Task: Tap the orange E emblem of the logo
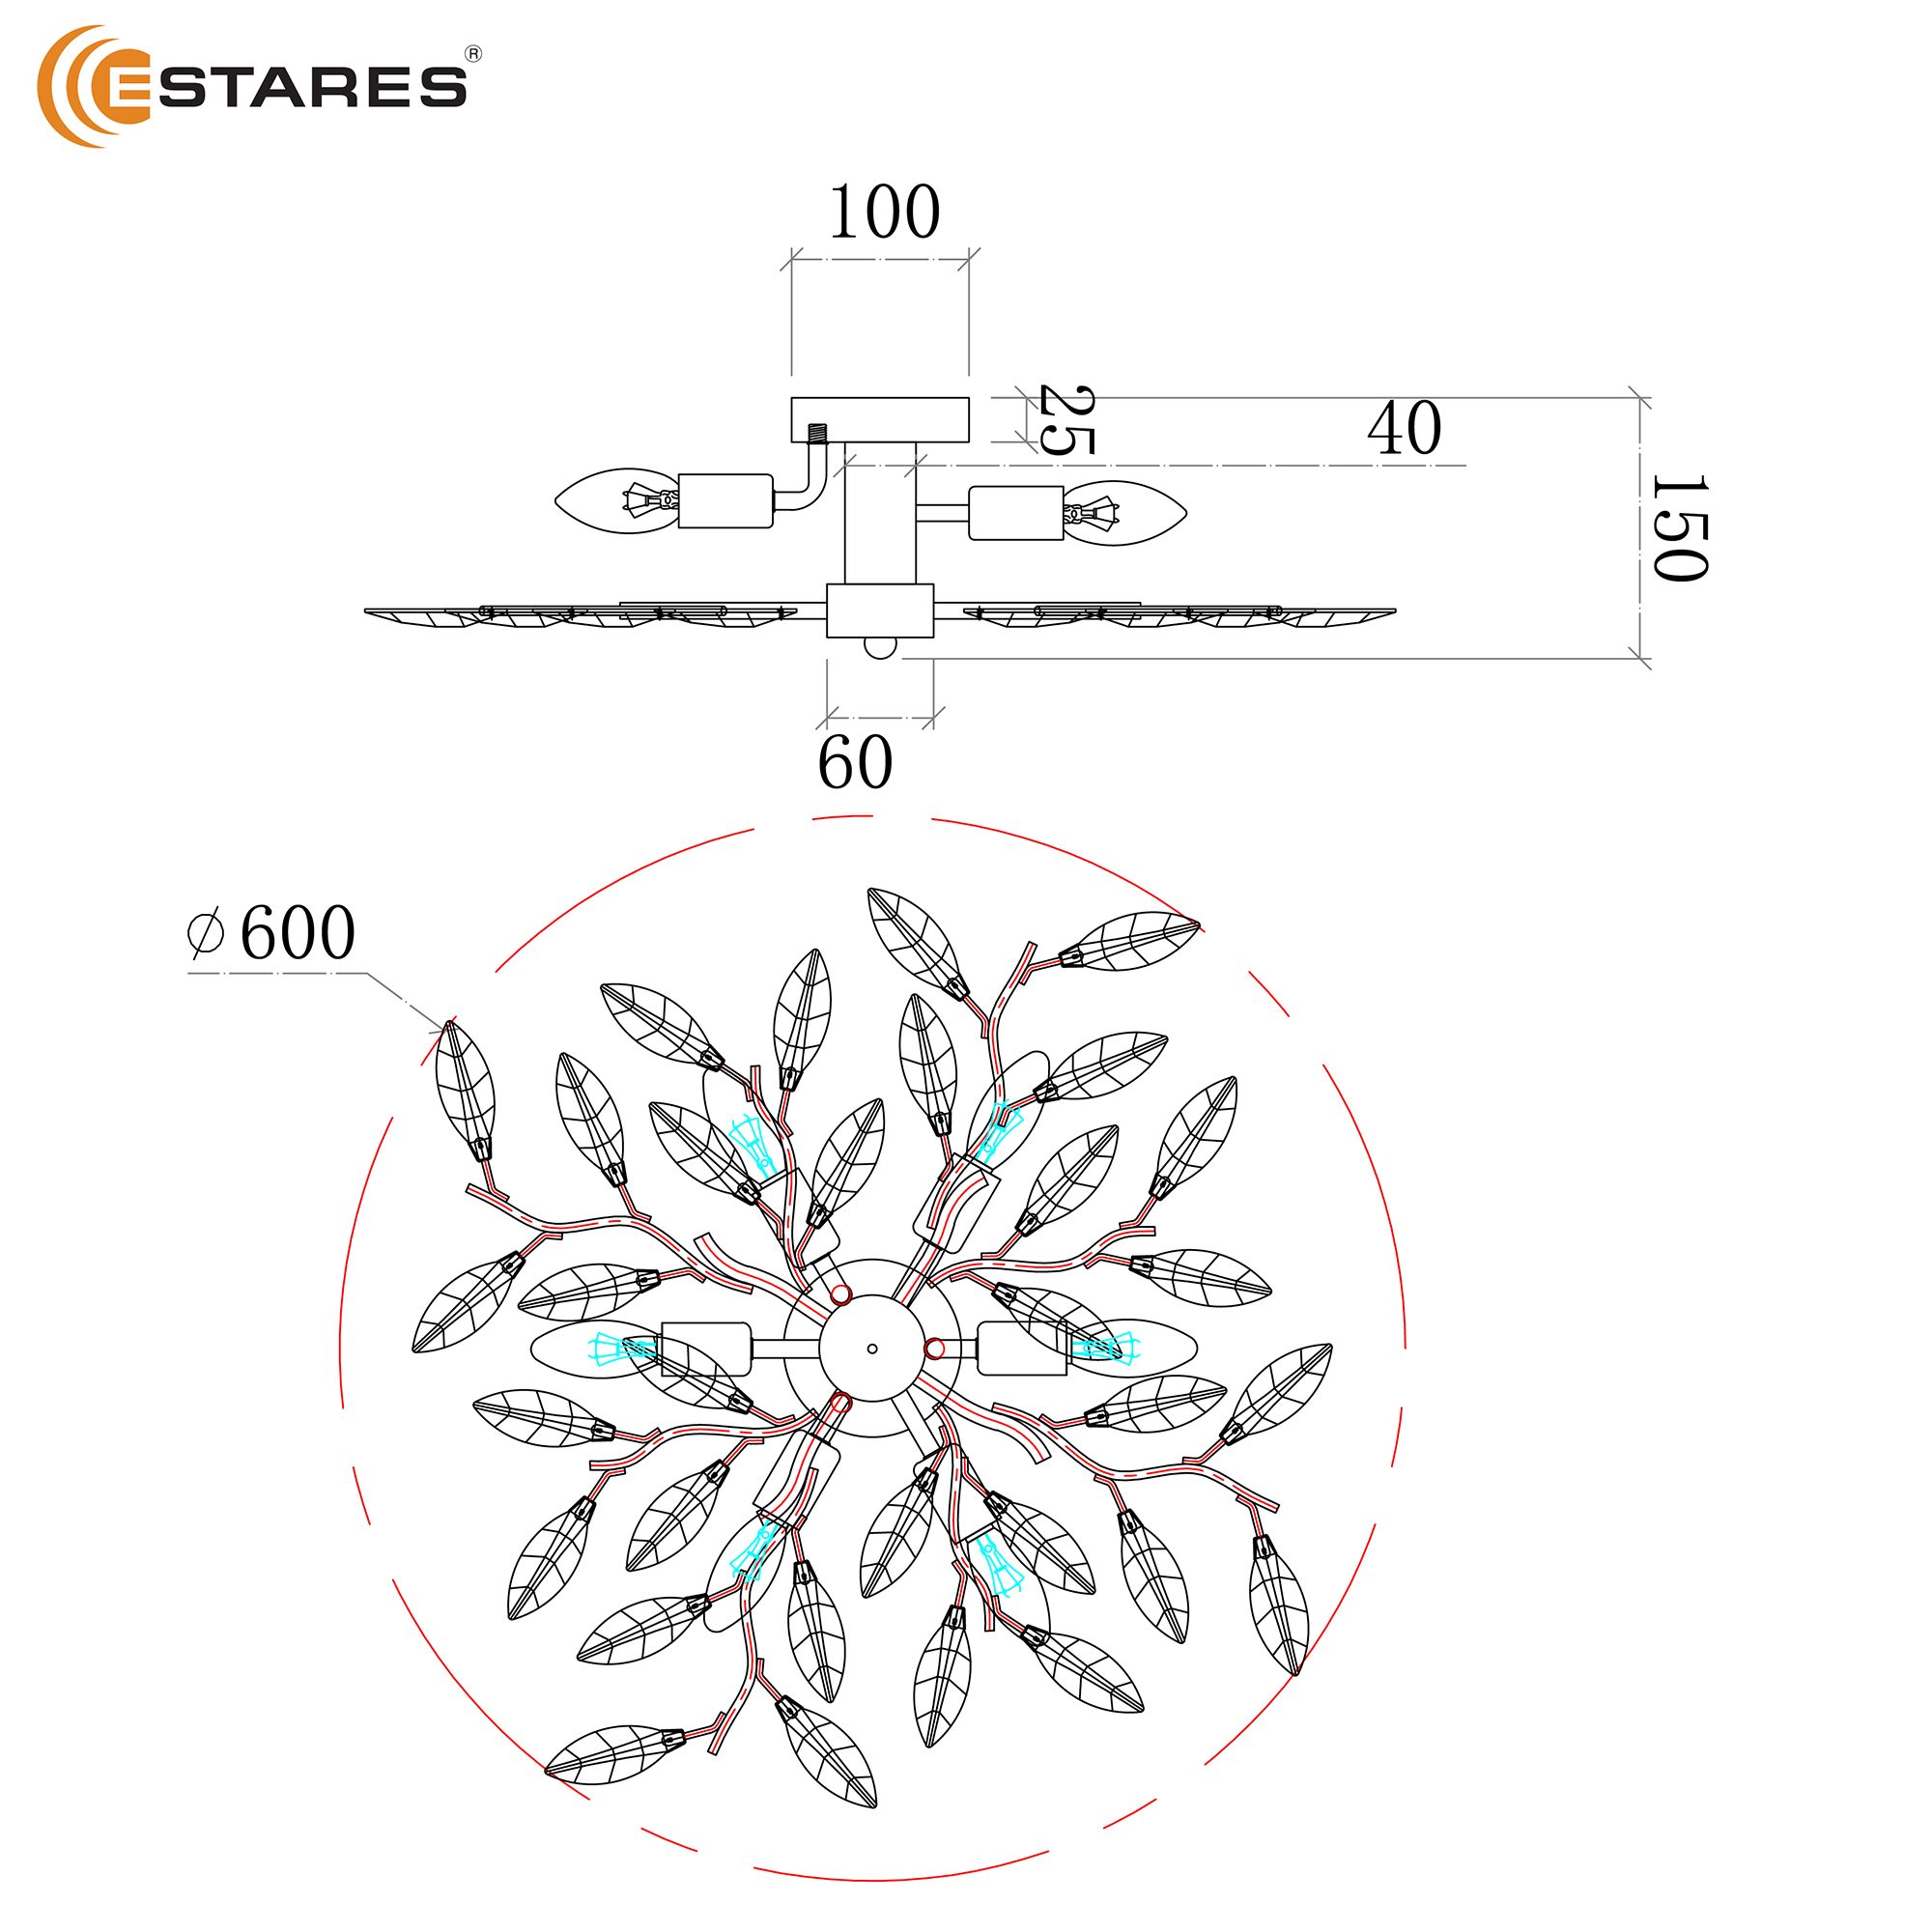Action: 94,86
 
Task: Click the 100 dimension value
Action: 884,211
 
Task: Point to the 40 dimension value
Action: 1404,428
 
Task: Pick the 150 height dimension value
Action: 1680,527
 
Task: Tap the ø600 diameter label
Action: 272,932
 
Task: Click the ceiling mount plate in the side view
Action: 880,419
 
